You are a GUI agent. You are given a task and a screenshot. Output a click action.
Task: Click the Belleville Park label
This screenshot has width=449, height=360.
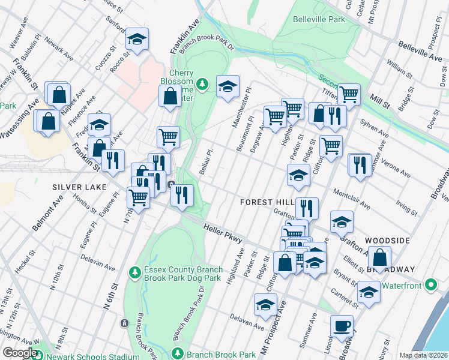tap(319, 20)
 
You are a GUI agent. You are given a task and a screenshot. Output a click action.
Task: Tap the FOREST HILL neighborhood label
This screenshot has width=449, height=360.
tap(267, 203)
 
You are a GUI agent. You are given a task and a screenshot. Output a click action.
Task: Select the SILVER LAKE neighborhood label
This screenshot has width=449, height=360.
tap(75, 187)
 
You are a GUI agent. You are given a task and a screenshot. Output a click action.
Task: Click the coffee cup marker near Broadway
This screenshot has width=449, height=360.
tap(342, 326)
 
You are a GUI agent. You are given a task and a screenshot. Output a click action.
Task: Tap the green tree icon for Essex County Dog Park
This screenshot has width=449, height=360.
tap(135, 273)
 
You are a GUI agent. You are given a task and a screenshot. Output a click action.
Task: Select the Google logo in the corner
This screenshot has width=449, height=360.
tap(20, 353)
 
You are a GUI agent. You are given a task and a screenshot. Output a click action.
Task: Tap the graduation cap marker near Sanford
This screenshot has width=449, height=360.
tap(137, 40)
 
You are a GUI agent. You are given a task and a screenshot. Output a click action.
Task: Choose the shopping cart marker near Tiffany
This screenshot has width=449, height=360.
tap(348, 94)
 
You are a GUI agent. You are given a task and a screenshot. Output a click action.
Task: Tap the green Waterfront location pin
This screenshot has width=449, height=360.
tap(430, 284)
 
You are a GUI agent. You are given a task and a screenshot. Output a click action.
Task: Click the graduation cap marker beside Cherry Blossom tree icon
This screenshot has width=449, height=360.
tap(228, 87)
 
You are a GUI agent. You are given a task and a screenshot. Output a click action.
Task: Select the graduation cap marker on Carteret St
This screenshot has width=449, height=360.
tap(369, 293)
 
